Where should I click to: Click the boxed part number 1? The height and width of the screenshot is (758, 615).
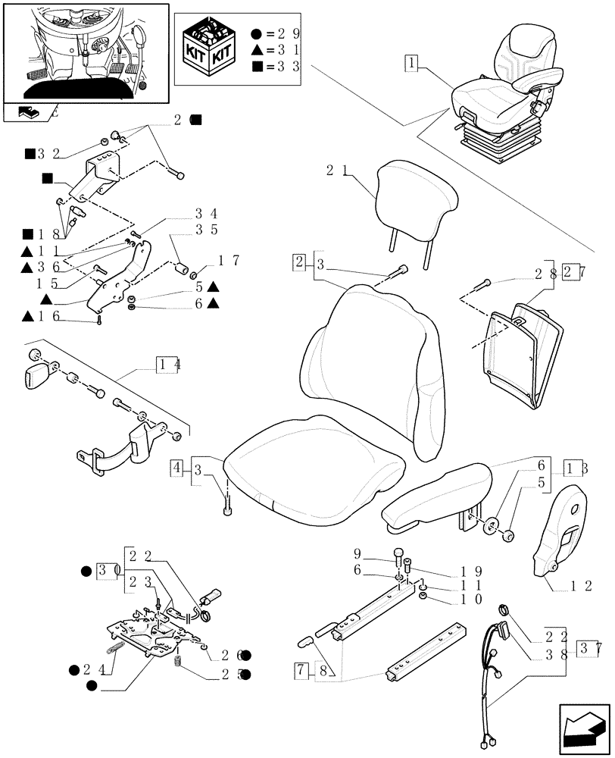pyautogui.click(x=411, y=63)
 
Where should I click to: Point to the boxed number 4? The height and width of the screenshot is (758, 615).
pyautogui.click(x=176, y=465)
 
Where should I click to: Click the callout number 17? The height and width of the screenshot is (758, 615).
pyautogui.click(x=228, y=262)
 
